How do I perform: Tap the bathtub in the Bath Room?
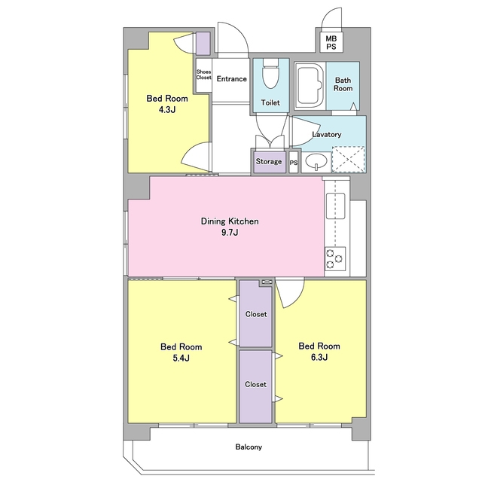pyautogui.click(x=310, y=86)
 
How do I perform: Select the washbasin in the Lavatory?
pyautogui.click(x=316, y=161)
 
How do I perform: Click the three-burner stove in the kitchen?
pyautogui.click(x=335, y=259)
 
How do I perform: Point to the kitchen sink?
pyautogui.click(x=335, y=206)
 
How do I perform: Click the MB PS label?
pyautogui.click(x=331, y=42)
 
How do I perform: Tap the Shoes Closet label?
pyautogui.click(x=204, y=75)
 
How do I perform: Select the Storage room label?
pyautogui.click(x=269, y=161)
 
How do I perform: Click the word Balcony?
pyautogui.click(x=249, y=447)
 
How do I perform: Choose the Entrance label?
pyautogui.click(x=231, y=79)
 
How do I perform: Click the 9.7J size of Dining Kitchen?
pyautogui.click(x=230, y=233)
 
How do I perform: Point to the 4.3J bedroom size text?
pyautogui.click(x=167, y=110)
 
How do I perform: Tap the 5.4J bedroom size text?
pyautogui.click(x=181, y=358)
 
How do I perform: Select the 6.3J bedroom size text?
pyautogui.click(x=319, y=357)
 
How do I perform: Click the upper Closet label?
pyautogui.click(x=256, y=314)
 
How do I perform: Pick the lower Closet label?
pyautogui.click(x=256, y=384)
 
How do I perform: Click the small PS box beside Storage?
pyautogui.click(x=294, y=163)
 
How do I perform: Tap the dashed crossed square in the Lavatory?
pyautogui.click(x=348, y=159)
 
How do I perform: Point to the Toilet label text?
pyautogui.click(x=270, y=102)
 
